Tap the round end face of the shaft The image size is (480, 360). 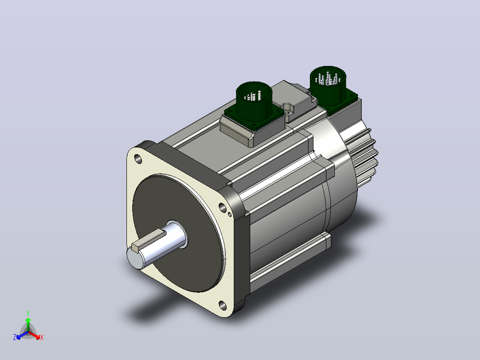135,258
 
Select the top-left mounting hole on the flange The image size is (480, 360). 138,159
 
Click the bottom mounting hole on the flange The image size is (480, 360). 223,305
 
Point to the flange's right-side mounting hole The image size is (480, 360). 223,208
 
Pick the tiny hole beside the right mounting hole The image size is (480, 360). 230,214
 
